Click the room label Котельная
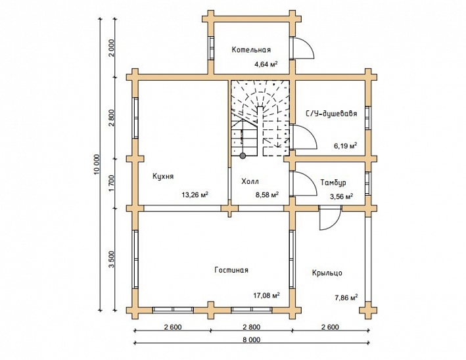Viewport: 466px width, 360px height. (x=251, y=50)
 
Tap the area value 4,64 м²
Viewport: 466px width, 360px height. (x=266, y=64)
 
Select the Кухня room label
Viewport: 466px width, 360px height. (x=162, y=177)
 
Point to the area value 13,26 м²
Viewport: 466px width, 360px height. (x=195, y=194)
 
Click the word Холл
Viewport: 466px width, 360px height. (x=250, y=181)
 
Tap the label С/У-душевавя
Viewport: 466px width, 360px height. (x=331, y=114)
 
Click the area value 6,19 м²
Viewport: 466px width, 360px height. (x=345, y=145)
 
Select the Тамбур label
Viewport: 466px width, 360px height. (x=333, y=182)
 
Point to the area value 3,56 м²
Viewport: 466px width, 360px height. (x=340, y=196)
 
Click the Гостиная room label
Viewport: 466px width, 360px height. (x=231, y=270)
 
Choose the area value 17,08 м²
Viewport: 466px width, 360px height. (x=267, y=295)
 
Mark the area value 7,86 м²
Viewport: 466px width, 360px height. (x=344, y=297)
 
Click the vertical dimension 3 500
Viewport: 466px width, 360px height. (x=112, y=259)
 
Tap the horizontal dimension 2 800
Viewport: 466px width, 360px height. (x=251, y=326)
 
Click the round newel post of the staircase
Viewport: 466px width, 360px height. (x=243, y=156)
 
